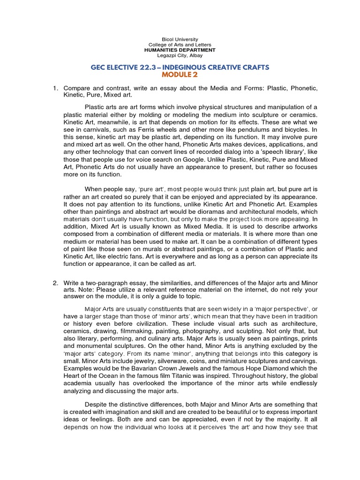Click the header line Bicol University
180,39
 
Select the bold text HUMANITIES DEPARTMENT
180,50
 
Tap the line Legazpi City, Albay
180,55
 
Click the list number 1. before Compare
55,88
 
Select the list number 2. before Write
55,284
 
